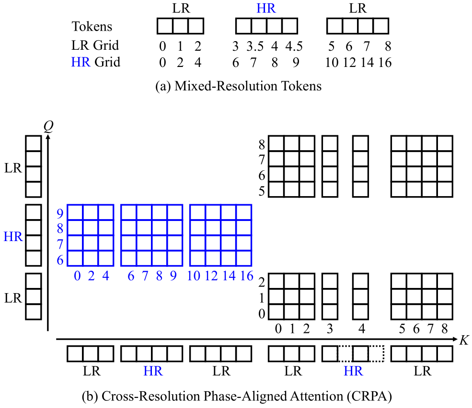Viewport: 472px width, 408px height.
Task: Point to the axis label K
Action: point(463,341)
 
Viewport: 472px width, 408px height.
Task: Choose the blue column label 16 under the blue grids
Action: point(247,276)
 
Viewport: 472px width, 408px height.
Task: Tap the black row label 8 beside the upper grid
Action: point(262,144)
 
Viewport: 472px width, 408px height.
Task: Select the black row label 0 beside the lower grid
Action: point(262,314)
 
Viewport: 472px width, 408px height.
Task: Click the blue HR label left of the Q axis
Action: point(13,236)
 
